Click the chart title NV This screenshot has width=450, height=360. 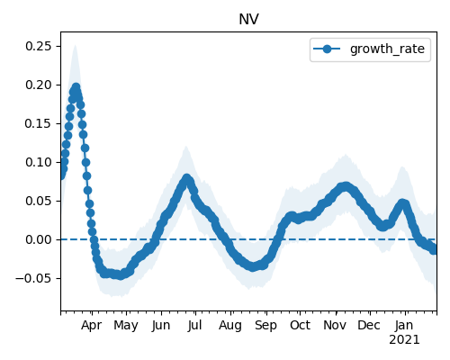click(x=248, y=20)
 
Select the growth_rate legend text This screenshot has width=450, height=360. click(x=387, y=49)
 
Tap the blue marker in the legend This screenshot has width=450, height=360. click(x=327, y=49)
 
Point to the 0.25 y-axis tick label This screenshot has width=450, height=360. click(x=38, y=46)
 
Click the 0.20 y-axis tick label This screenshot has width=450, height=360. click(x=38, y=85)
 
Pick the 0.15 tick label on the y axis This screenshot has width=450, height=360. click(x=38, y=123)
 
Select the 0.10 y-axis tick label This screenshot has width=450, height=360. click(x=38, y=162)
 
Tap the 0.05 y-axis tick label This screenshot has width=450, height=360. click(x=38, y=201)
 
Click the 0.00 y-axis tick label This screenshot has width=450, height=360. click(x=38, y=239)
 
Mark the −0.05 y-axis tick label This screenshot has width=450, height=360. click(x=33, y=278)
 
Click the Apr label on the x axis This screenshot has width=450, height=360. click(x=92, y=325)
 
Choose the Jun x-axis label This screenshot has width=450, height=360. click(x=161, y=325)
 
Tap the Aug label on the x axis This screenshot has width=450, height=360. click(x=230, y=325)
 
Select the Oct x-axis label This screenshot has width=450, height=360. click(x=300, y=325)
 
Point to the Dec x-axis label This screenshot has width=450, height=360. click(x=369, y=325)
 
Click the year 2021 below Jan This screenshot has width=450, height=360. click(x=404, y=340)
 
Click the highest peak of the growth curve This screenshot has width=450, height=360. click(x=76, y=87)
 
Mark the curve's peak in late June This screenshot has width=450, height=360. click(x=187, y=178)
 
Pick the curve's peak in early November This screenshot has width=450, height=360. click(x=346, y=186)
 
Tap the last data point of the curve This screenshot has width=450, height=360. click(x=434, y=250)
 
